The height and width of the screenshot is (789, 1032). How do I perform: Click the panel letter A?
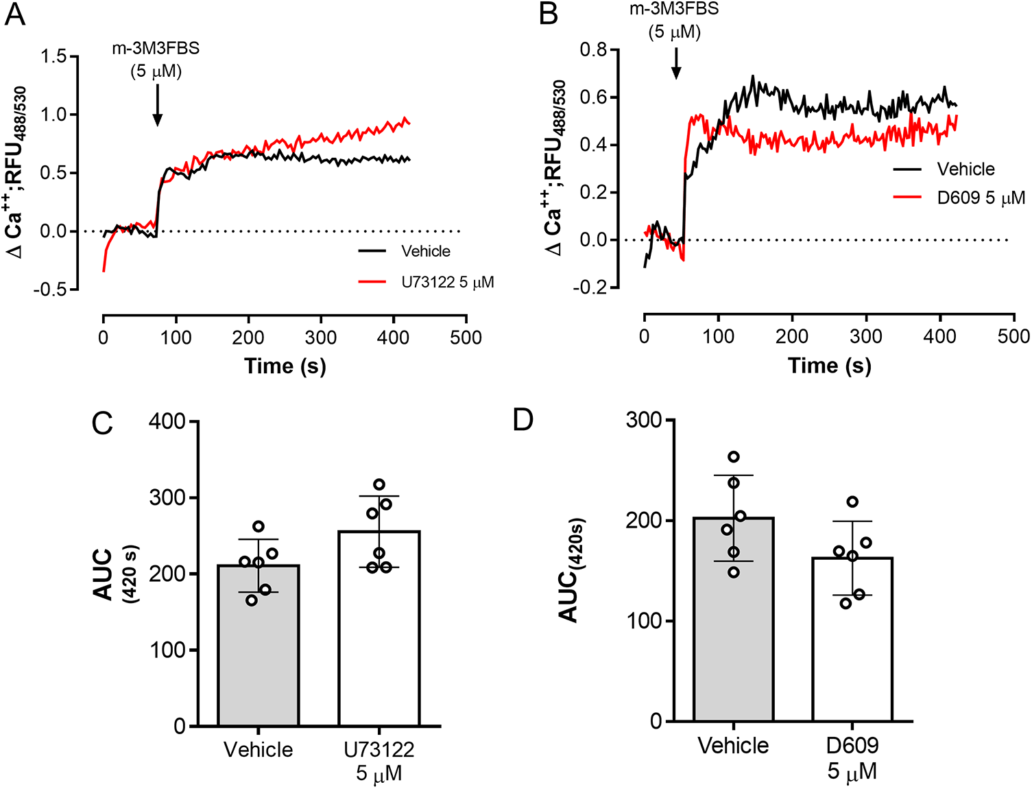[14, 14]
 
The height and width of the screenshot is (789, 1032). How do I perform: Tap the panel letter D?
[523, 419]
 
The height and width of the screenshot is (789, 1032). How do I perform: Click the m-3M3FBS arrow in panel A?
[157, 105]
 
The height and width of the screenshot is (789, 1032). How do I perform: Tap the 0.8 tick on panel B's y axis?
[594, 50]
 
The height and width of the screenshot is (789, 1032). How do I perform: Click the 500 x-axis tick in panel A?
[466, 338]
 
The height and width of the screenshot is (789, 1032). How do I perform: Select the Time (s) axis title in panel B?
[829, 366]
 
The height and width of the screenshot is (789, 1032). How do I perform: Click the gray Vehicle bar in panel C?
[259, 645]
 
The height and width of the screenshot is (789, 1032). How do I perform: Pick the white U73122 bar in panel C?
[379, 628]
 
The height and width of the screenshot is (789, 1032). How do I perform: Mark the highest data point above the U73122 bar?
[379, 484]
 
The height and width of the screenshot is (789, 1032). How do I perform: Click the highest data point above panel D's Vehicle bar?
[734, 457]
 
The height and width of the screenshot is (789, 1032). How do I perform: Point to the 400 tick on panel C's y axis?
[167, 421]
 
